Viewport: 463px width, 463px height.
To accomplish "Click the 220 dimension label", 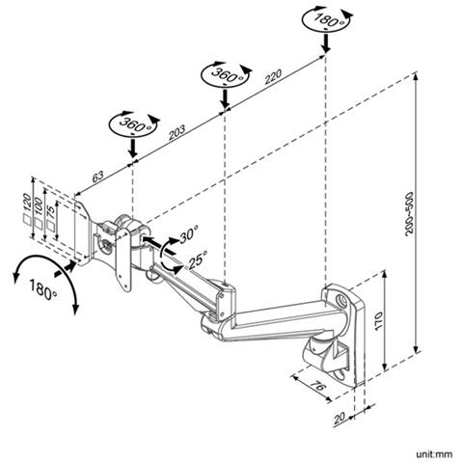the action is coord(273,76).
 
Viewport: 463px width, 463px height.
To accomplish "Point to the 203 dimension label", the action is coord(177,132).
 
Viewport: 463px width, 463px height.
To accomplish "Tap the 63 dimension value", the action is coord(98,177).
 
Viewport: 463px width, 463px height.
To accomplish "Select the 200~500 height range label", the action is coord(409,214).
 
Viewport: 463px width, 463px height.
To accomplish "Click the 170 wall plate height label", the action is coord(378,320).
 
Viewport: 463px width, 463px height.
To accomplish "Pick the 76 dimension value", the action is coord(318,386).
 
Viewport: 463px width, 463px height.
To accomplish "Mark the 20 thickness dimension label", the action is coord(340,418).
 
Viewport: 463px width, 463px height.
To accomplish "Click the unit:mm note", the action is coord(434,454).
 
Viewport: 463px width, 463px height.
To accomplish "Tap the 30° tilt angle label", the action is coord(189,234).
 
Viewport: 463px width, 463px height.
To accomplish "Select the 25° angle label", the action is coord(198,259).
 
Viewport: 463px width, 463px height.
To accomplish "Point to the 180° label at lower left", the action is coord(43,288).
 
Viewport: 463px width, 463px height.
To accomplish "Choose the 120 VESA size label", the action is coord(27,203).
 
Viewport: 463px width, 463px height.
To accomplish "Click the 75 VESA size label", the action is coord(50,212).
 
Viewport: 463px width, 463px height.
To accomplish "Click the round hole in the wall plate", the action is coord(341,301).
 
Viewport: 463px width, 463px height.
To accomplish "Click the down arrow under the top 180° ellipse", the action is coord(326,43).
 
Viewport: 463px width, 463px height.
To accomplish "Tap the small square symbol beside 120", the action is coord(27,219).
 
